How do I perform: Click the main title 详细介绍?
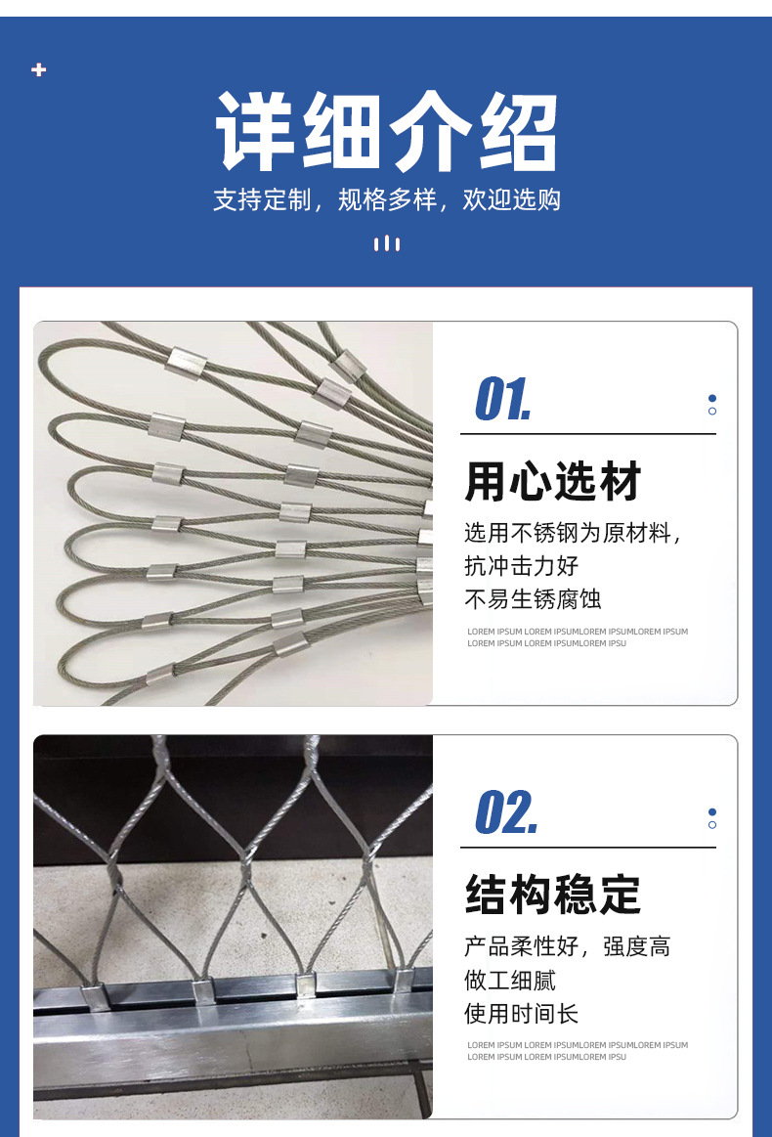tap(386, 132)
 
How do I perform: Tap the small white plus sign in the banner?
tap(39, 69)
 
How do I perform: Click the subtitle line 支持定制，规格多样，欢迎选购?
tap(386, 199)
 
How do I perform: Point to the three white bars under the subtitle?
tap(387, 243)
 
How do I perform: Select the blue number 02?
tap(505, 812)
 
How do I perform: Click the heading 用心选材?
tap(552, 482)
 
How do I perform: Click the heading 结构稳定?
tap(552, 895)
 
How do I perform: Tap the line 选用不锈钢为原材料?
tap(572, 533)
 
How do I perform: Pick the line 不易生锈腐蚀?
tap(533, 598)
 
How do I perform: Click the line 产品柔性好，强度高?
tap(567, 946)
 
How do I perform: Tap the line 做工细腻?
tap(509, 980)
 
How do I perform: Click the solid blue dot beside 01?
tap(712, 398)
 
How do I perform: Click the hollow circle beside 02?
tap(712, 825)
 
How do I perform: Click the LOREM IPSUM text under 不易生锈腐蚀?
tap(577, 637)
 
